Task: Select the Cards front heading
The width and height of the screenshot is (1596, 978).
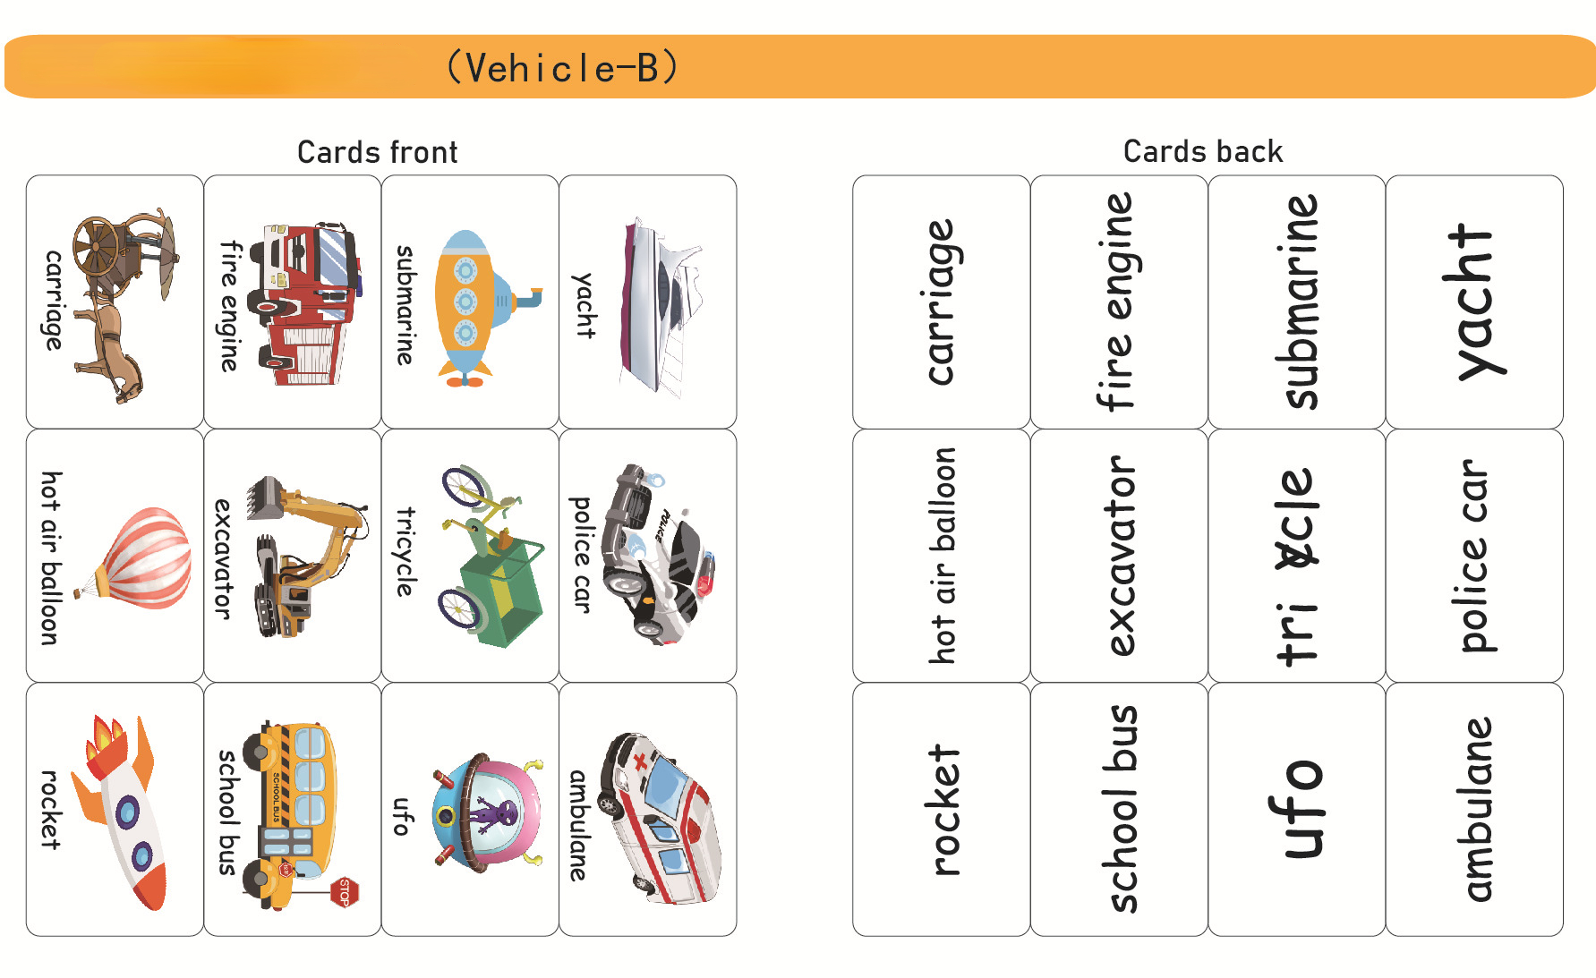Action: [377, 152]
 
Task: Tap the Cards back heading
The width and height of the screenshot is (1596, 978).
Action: [1202, 151]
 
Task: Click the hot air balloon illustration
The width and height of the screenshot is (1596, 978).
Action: [143, 557]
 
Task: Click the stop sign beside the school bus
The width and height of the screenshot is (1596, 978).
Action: [345, 891]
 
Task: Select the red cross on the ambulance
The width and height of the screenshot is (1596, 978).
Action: [641, 762]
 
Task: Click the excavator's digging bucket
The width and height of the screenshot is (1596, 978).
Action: [265, 497]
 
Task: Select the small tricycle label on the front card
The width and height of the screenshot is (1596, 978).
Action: [405, 552]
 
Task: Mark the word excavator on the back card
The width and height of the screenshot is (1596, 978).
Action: [1120, 556]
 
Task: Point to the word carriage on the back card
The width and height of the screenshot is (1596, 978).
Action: [941, 302]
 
